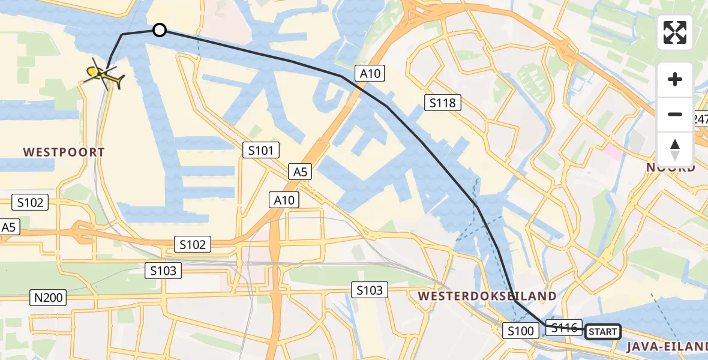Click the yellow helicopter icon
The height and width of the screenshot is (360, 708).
[106, 76]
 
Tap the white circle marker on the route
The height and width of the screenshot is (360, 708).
[159, 29]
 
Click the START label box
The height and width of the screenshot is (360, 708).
[602, 332]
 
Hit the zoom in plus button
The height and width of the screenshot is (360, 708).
[675, 79]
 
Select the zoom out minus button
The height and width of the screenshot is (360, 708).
[675, 114]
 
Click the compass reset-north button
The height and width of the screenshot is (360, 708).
[675, 149]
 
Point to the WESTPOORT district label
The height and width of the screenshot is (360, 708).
[64, 152]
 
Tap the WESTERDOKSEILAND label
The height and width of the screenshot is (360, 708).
[487, 296]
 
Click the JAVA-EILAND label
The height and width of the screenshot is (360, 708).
[667, 346]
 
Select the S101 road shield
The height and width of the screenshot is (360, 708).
[261, 150]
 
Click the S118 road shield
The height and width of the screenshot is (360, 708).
[443, 103]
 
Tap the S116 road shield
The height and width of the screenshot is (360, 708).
[564, 328]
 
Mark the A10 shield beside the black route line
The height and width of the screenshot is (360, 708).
[370, 73]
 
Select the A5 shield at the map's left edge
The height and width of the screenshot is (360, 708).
[8, 227]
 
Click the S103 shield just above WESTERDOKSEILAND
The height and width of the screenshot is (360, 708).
[369, 290]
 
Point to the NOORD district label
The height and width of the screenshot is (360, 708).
[670, 167]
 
